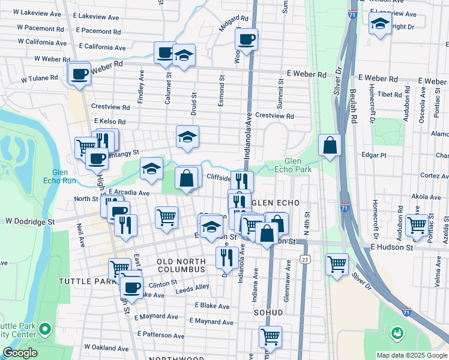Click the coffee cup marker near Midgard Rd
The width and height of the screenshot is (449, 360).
(x=246, y=40)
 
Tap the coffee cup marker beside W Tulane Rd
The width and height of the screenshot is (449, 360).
(x=79, y=74)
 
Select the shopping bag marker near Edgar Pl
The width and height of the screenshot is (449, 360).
(x=330, y=145)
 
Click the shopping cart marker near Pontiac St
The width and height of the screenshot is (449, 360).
(x=416, y=226)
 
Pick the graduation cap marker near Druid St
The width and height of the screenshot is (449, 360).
(x=187, y=137)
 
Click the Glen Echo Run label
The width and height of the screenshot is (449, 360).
(x=60, y=176)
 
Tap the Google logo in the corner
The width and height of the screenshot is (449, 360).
(x=19, y=353)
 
